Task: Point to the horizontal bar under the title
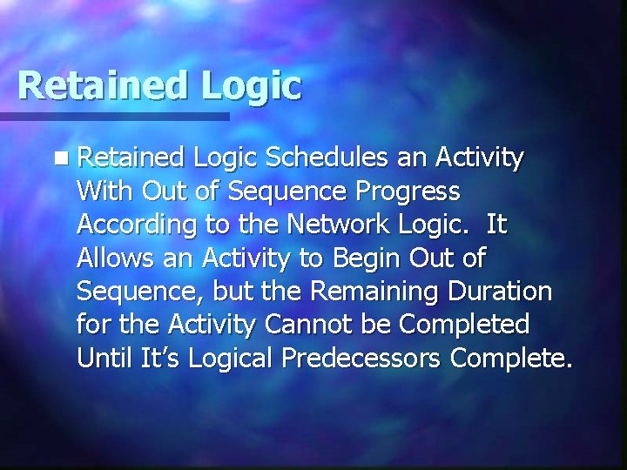coord(113,116)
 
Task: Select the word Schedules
coord(327,158)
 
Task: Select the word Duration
coord(498,291)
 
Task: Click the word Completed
coord(463,326)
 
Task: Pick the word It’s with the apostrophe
coord(162,358)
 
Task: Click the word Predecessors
coord(367,358)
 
